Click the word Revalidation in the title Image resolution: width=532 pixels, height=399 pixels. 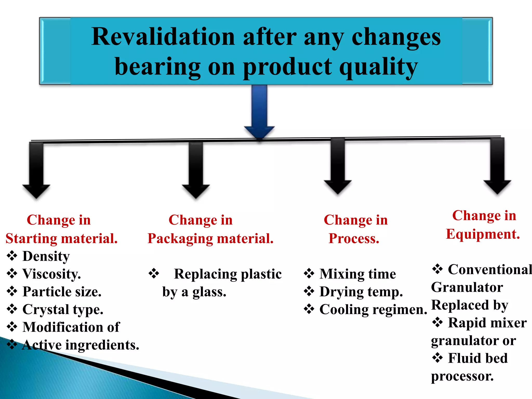click(x=163, y=37)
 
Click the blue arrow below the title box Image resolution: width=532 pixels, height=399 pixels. click(x=259, y=112)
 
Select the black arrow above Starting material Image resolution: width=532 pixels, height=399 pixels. click(x=36, y=170)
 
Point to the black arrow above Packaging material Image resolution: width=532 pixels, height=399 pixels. click(x=196, y=170)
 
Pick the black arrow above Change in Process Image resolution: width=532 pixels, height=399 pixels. click(x=338, y=166)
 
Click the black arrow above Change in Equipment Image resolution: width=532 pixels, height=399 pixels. click(x=497, y=166)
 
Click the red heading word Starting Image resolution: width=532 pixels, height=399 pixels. click(x=31, y=238)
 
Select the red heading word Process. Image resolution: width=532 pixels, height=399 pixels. click(x=354, y=238)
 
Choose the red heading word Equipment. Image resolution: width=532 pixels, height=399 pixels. click(x=483, y=234)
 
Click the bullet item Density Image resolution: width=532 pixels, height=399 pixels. click(x=46, y=256)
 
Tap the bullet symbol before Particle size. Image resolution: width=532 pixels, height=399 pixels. click(x=12, y=291)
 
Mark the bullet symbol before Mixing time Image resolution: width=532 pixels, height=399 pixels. click(x=309, y=274)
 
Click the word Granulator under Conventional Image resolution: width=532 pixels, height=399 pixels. click(x=467, y=287)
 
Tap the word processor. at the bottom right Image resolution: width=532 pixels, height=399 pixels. click(x=462, y=376)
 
